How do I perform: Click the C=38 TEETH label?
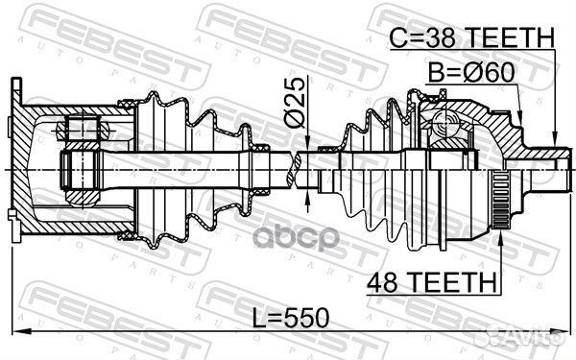(x=471, y=38)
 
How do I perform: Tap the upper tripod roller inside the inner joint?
(x=78, y=127)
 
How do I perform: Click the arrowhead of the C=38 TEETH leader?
(x=556, y=144)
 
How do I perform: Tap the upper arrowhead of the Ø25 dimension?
(x=306, y=140)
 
